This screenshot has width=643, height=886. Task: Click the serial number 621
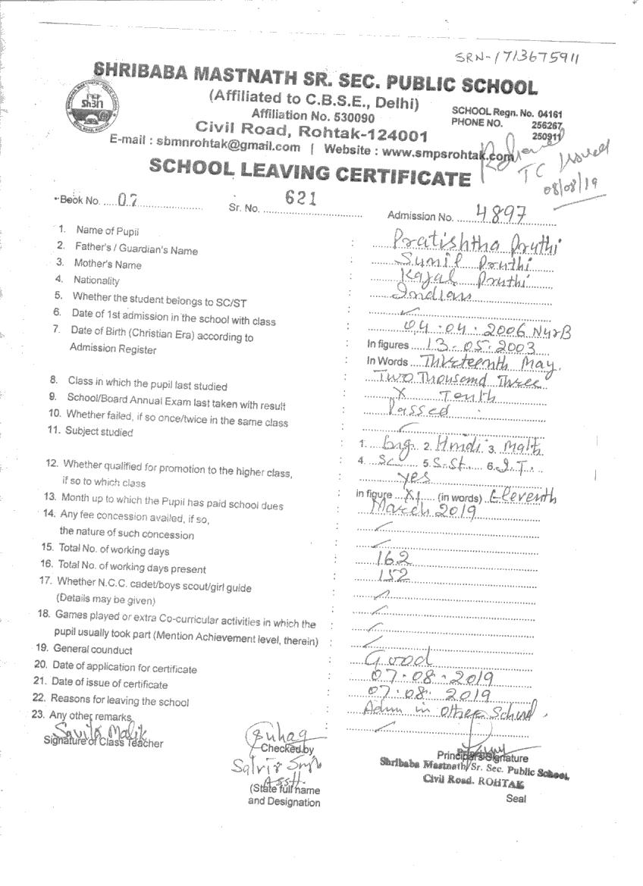[x=300, y=197]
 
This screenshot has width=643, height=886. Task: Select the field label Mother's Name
[x=108, y=265]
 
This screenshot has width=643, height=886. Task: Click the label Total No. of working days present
[x=132, y=566]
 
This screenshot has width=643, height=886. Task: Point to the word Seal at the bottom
[x=516, y=798]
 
